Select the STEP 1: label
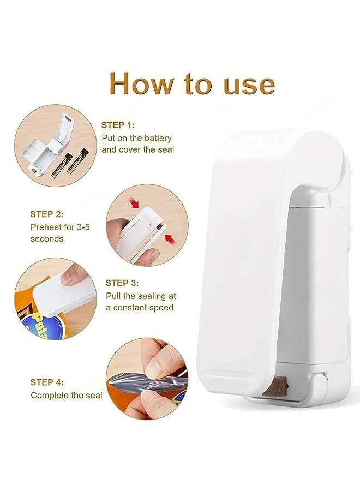118,125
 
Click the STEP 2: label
47,214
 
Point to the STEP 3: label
122,283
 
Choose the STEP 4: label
47,382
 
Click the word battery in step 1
157,139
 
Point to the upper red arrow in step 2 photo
135,203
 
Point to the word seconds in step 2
47,238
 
